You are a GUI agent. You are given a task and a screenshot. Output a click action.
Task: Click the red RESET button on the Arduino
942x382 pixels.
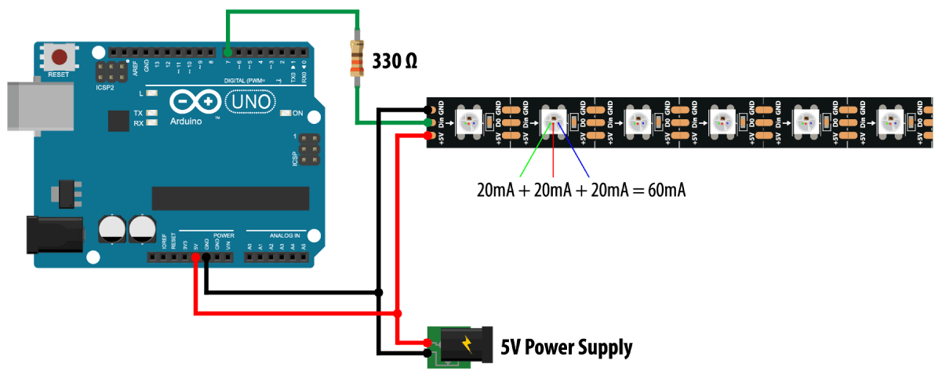point(59,57)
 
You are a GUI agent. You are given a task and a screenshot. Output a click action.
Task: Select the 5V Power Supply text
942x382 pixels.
point(566,346)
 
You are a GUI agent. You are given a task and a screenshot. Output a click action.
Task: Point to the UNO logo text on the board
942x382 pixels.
point(249,101)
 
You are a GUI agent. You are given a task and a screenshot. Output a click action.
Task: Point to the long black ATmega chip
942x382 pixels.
point(230,198)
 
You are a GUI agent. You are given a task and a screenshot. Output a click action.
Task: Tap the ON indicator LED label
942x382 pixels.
point(297,113)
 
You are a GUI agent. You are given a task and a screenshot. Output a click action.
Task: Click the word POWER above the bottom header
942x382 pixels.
point(224,234)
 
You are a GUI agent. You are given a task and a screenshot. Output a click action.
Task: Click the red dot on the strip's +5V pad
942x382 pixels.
point(428,135)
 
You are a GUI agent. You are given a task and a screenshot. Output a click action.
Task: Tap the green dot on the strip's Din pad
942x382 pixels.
point(428,122)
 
